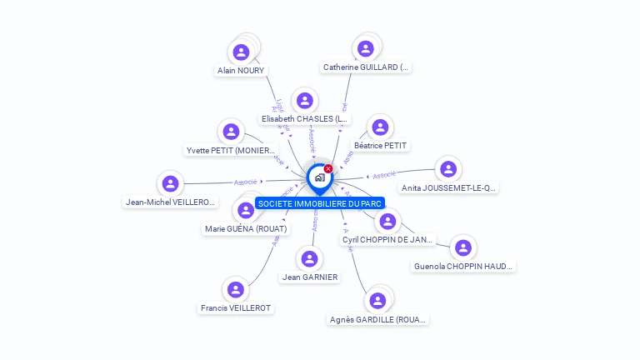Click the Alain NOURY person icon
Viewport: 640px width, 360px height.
[241, 52]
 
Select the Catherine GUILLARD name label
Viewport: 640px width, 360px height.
[366, 67]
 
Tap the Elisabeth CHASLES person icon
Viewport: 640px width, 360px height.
[305, 101]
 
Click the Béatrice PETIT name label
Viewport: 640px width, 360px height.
[381, 146]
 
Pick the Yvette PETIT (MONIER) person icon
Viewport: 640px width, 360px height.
[231, 132]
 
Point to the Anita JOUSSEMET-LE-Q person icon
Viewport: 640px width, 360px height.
[448, 169]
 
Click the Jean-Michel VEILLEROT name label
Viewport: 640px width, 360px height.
[171, 202]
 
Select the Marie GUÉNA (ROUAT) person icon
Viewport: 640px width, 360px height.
[246, 210]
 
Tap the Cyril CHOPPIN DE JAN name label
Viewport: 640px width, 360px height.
[388, 240]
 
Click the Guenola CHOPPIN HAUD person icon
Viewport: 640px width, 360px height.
[463, 247]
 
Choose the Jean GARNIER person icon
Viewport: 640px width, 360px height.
[310, 258]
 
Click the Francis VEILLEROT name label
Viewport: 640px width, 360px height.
[236, 308]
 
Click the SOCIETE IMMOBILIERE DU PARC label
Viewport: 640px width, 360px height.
[319, 203]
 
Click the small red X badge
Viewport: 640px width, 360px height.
[328, 169]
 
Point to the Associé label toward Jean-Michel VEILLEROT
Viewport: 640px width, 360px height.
[246, 181]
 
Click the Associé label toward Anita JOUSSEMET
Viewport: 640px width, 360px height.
[384, 175]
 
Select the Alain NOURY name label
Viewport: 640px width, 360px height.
[241, 71]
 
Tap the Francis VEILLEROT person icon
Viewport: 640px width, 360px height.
[236, 289]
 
